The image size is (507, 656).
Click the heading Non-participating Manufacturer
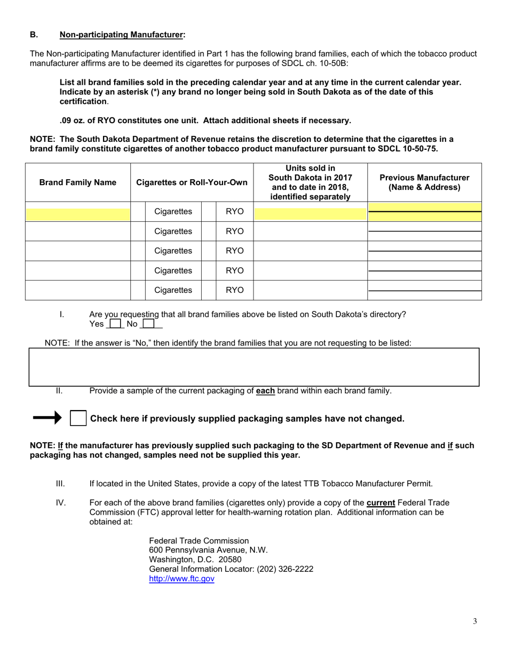point(122,35)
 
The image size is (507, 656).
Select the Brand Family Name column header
point(78,182)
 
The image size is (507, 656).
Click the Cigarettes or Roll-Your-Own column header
point(192,182)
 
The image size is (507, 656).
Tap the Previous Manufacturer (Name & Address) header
point(424,182)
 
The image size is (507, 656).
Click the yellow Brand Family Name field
point(78,214)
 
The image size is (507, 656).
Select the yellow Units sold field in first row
point(311,214)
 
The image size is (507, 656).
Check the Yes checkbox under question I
point(115,324)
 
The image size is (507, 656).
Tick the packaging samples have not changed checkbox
point(78,419)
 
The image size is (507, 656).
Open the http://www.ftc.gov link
point(181,579)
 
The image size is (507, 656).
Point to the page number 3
point(475,621)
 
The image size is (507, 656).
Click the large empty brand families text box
point(254,367)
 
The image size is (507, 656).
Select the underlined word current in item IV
point(381,502)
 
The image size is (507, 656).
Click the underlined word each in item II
point(265,390)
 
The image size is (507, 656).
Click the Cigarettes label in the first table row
point(173,212)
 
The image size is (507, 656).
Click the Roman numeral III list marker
point(60,484)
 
